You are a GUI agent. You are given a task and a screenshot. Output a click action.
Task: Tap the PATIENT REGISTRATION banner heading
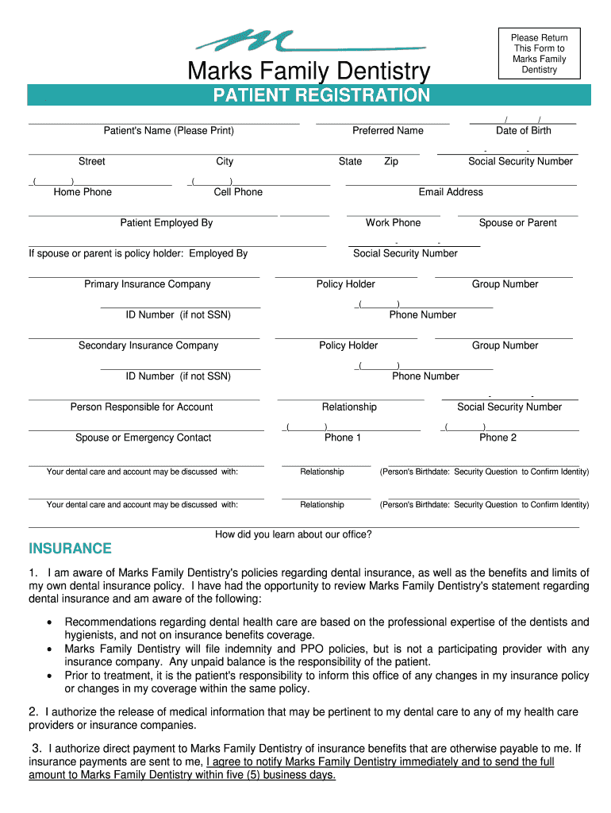(321, 96)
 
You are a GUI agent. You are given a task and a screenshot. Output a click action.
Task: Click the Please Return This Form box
(539, 54)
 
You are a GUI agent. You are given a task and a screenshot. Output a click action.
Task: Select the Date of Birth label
(523, 131)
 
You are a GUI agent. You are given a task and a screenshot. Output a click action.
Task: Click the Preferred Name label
(388, 131)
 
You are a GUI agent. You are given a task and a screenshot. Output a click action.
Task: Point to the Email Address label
(451, 192)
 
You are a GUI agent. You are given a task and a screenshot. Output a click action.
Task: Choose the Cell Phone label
(238, 192)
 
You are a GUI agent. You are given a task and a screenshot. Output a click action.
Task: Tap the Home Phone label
(83, 192)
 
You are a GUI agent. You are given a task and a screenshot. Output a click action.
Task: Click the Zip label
(391, 162)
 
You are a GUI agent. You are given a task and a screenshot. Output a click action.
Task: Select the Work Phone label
(394, 223)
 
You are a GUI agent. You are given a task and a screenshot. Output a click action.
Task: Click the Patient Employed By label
(167, 223)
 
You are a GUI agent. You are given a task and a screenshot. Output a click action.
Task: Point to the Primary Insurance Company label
(148, 284)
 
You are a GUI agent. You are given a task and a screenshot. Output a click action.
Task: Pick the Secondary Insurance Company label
(148, 345)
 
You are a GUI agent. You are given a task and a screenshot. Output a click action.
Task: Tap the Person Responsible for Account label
(142, 407)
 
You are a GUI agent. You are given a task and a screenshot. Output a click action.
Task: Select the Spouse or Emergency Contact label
(144, 437)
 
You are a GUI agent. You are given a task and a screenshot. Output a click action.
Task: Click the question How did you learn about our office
(294, 535)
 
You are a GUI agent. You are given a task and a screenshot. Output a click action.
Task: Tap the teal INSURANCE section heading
(71, 549)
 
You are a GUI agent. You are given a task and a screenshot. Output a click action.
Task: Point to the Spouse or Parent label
(518, 223)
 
